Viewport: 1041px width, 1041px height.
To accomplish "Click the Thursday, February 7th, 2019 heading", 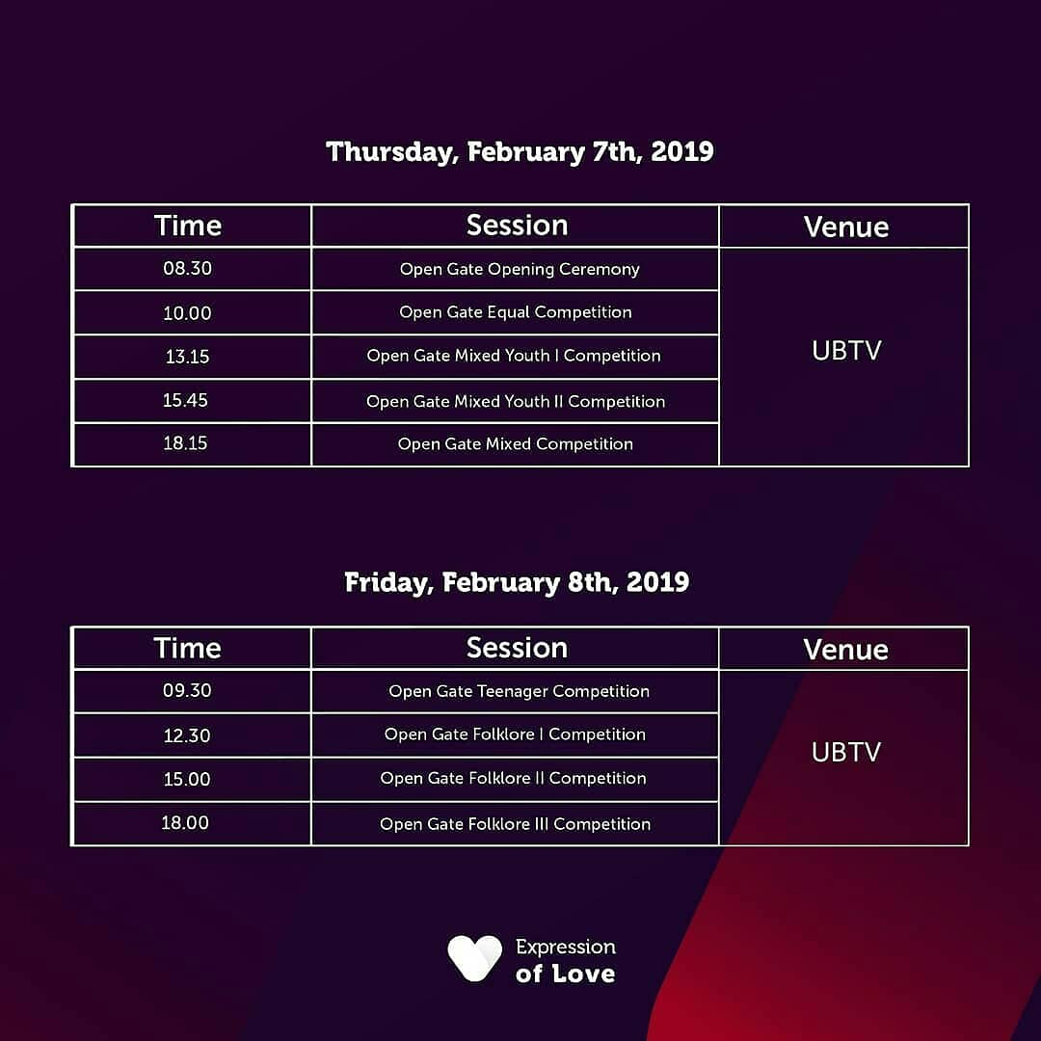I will point(520,151).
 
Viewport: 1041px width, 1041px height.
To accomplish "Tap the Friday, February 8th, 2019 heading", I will point(517,582).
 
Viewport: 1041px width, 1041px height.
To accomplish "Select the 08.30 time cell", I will point(187,269).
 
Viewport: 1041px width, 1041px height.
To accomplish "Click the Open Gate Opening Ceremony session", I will point(520,269).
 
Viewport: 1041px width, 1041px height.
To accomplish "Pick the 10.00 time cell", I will point(187,313).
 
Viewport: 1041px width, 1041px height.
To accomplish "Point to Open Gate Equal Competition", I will point(516,312).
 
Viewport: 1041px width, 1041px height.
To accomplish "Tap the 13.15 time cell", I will point(187,357).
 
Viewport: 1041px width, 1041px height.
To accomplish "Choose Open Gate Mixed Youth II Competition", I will point(516,401).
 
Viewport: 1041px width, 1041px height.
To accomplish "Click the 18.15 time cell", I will point(185,443).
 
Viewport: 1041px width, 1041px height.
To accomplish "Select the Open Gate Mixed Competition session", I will point(516,444).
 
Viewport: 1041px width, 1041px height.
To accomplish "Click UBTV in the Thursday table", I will point(846,350).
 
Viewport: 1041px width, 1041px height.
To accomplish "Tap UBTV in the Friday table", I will point(846,752).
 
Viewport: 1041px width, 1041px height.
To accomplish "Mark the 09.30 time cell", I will point(187,691).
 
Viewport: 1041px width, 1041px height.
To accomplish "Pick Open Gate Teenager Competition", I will point(519,691).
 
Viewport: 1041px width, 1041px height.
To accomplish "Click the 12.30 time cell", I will point(187,735).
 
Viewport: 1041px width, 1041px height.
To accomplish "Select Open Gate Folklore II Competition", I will point(514,778).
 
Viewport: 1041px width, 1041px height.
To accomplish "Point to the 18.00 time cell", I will point(185,823).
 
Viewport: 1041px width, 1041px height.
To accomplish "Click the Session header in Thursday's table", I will point(517,226).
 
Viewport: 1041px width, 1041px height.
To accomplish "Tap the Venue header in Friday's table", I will point(845,649).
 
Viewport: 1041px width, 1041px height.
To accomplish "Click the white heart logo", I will point(474,958).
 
